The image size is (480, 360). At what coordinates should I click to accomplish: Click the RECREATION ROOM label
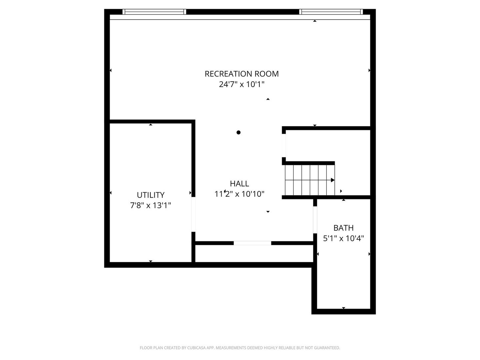pyautogui.click(x=242, y=74)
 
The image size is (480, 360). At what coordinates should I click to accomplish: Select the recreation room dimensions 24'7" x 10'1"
pyautogui.click(x=242, y=84)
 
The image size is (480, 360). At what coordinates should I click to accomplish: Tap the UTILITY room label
pyautogui.click(x=150, y=195)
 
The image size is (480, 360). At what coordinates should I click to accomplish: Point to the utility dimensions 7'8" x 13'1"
pyautogui.click(x=150, y=205)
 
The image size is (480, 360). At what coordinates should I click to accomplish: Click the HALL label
pyautogui.click(x=239, y=184)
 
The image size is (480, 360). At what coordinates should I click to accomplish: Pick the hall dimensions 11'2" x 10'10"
pyautogui.click(x=239, y=194)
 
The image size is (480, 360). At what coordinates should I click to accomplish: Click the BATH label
pyautogui.click(x=343, y=228)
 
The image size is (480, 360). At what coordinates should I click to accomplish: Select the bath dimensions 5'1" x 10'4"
pyautogui.click(x=343, y=238)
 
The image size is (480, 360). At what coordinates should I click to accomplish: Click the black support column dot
pyautogui.click(x=239, y=132)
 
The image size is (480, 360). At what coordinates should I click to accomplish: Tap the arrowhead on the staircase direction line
pyautogui.click(x=333, y=180)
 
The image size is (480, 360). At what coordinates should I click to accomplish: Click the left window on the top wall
pyautogui.click(x=154, y=12)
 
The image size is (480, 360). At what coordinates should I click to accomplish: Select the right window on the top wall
pyautogui.click(x=331, y=12)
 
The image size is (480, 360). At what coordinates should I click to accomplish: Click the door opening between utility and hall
pyautogui.click(x=193, y=214)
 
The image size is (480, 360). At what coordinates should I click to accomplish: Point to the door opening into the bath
pyautogui.click(x=315, y=220)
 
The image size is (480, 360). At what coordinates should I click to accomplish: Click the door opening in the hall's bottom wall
pyautogui.click(x=252, y=243)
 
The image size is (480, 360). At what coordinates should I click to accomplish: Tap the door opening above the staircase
pyautogui.click(x=284, y=146)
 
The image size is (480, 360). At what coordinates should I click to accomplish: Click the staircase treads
pyautogui.click(x=310, y=180)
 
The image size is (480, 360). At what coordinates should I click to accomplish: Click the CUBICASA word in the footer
pyautogui.click(x=196, y=348)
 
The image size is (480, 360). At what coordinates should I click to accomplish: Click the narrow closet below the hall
pyautogui.click(x=254, y=253)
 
